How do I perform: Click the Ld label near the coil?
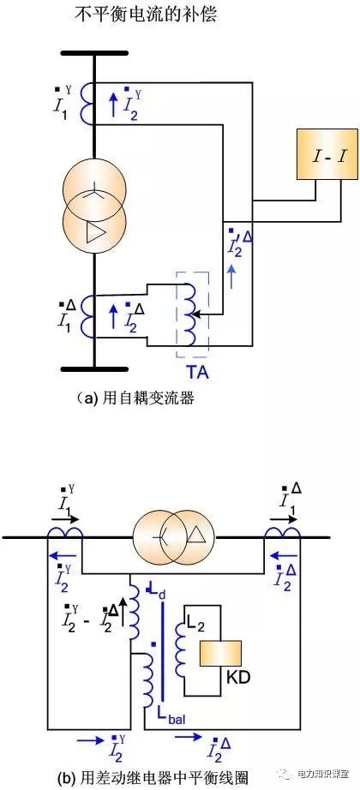click(x=154, y=592)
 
